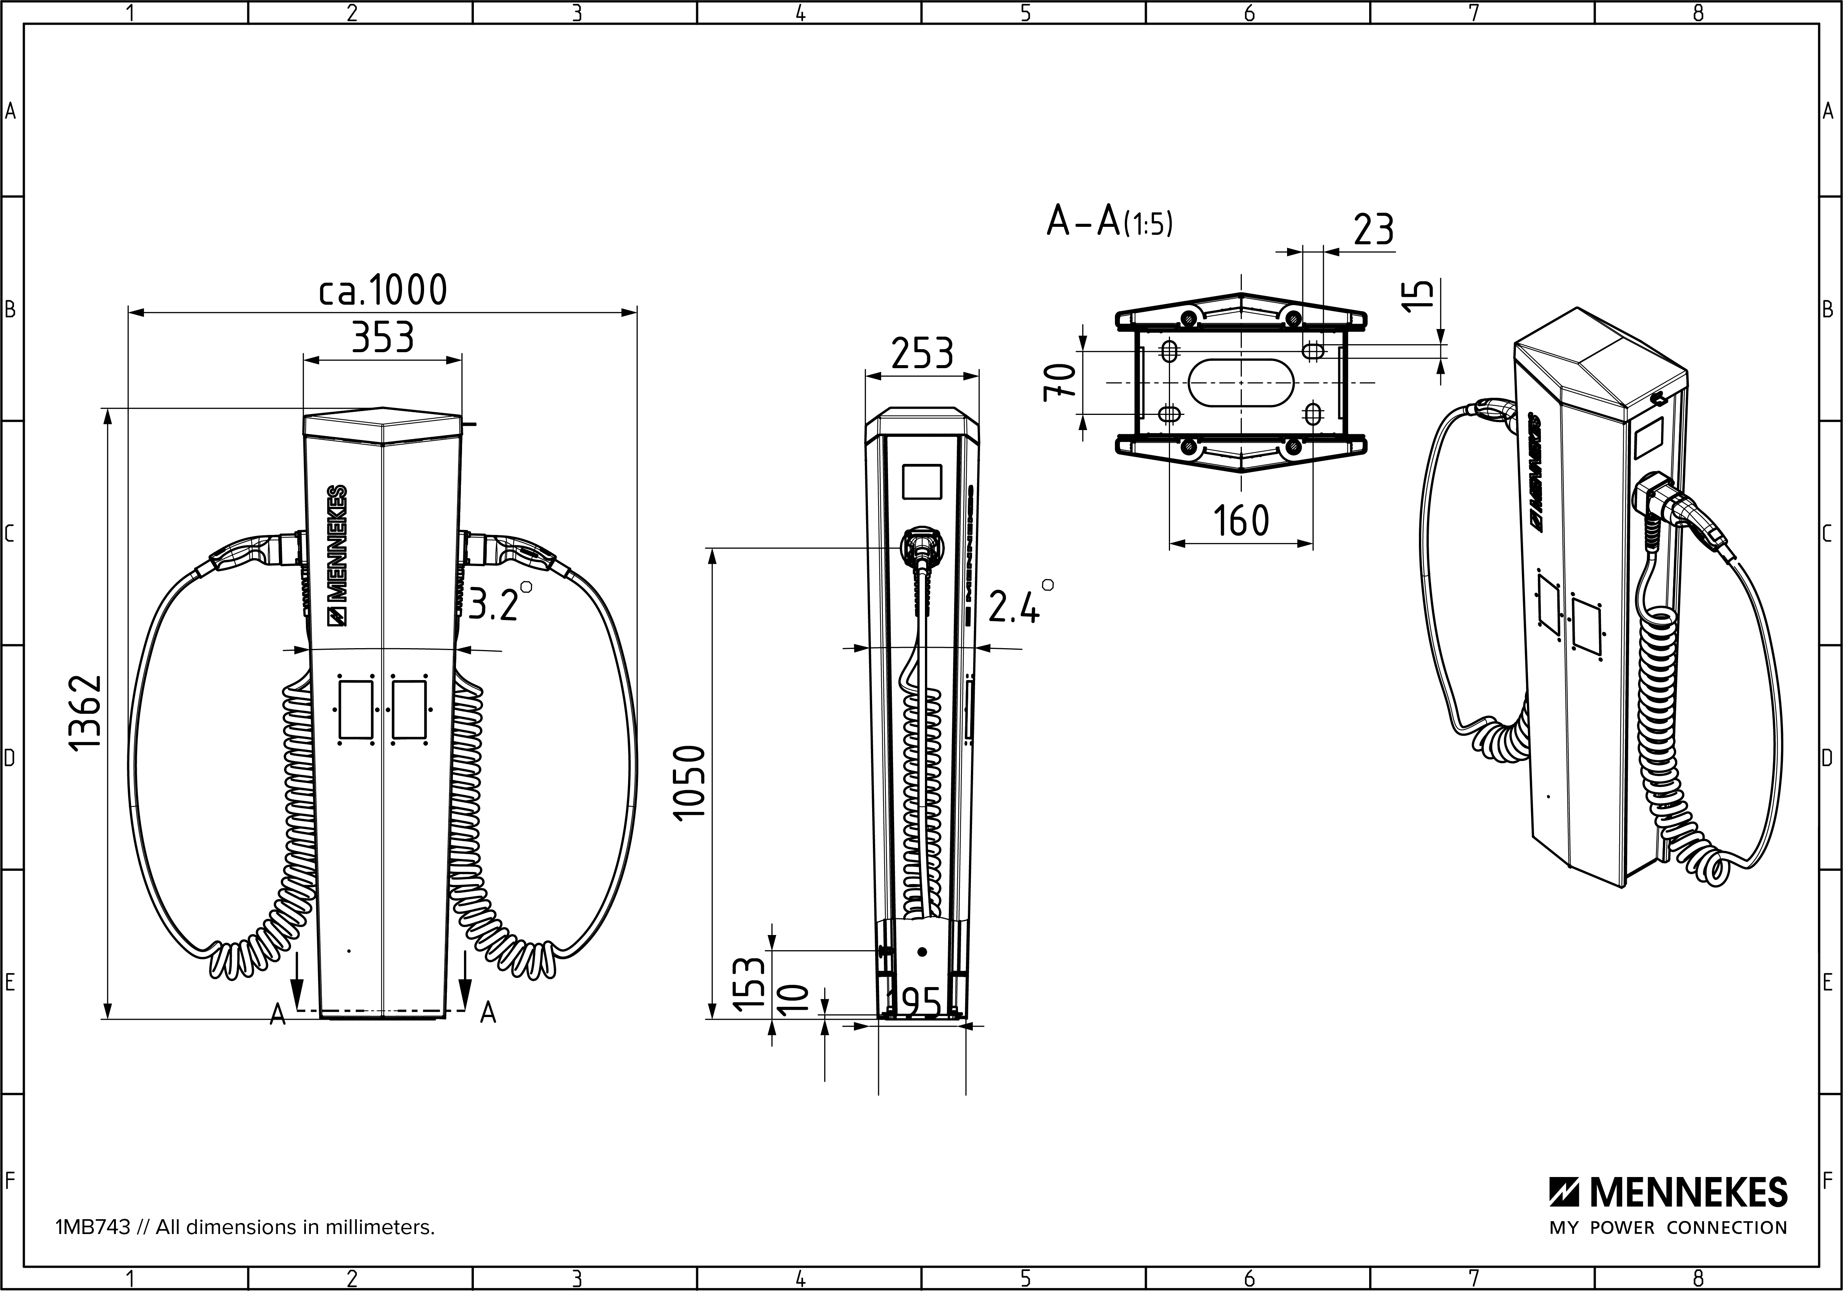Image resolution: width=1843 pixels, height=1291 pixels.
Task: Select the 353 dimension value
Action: tap(383, 338)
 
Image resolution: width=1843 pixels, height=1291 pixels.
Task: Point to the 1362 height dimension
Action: tap(85, 712)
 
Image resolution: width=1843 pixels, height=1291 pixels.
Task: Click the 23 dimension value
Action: tap(1374, 229)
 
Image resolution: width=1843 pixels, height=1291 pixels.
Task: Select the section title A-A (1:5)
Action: tap(1109, 221)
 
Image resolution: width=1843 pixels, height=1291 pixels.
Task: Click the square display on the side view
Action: tap(921, 481)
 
